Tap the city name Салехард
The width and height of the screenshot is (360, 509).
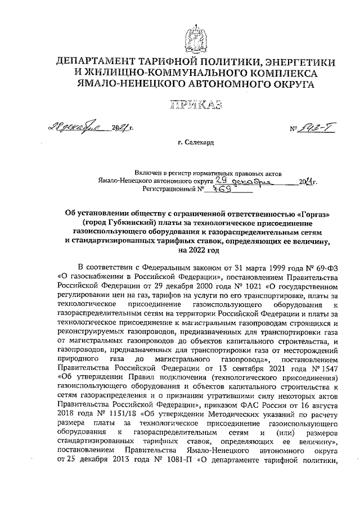point(196,143)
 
